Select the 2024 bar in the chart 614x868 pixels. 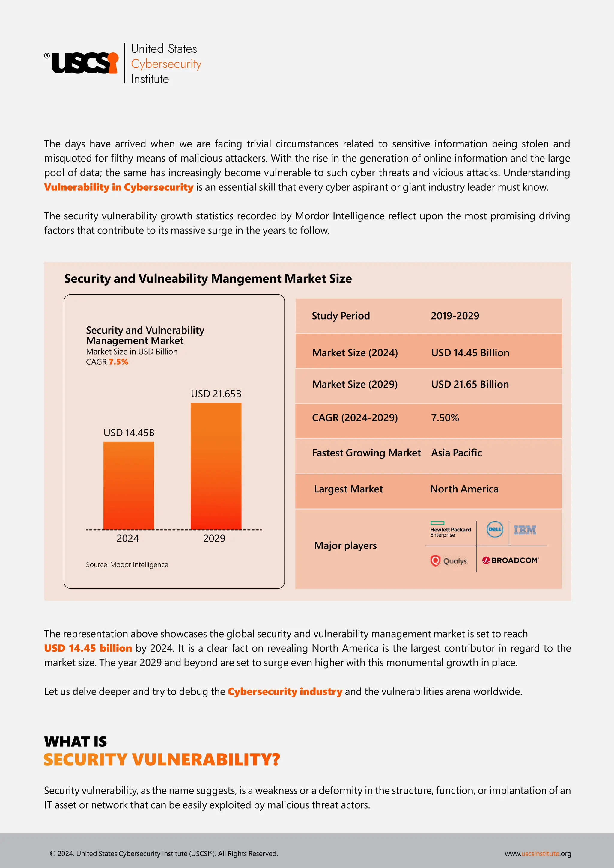pyautogui.click(x=129, y=486)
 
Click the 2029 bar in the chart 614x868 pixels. pyautogui.click(x=216, y=466)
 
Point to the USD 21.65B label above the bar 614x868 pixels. pyautogui.click(x=216, y=394)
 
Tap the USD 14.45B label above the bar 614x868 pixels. pyautogui.click(x=129, y=433)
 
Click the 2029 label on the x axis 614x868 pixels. pyautogui.click(x=214, y=538)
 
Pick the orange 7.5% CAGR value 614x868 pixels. pyautogui.click(x=118, y=362)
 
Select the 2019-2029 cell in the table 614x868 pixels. pyautogui.click(x=455, y=316)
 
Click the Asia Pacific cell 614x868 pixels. pyautogui.click(x=456, y=453)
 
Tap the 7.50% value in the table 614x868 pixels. pyautogui.click(x=445, y=418)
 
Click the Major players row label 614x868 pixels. pyautogui.click(x=345, y=545)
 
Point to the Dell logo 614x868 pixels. pyautogui.click(x=494, y=529)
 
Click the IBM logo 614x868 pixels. pyautogui.click(x=525, y=530)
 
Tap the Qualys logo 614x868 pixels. pyautogui.click(x=449, y=561)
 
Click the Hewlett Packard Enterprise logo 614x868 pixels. pyautogui.click(x=450, y=530)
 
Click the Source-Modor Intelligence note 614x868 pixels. pyautogui.click(x=127, y=565)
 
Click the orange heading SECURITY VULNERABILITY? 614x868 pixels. pyautogui.click(x=162, y=759)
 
